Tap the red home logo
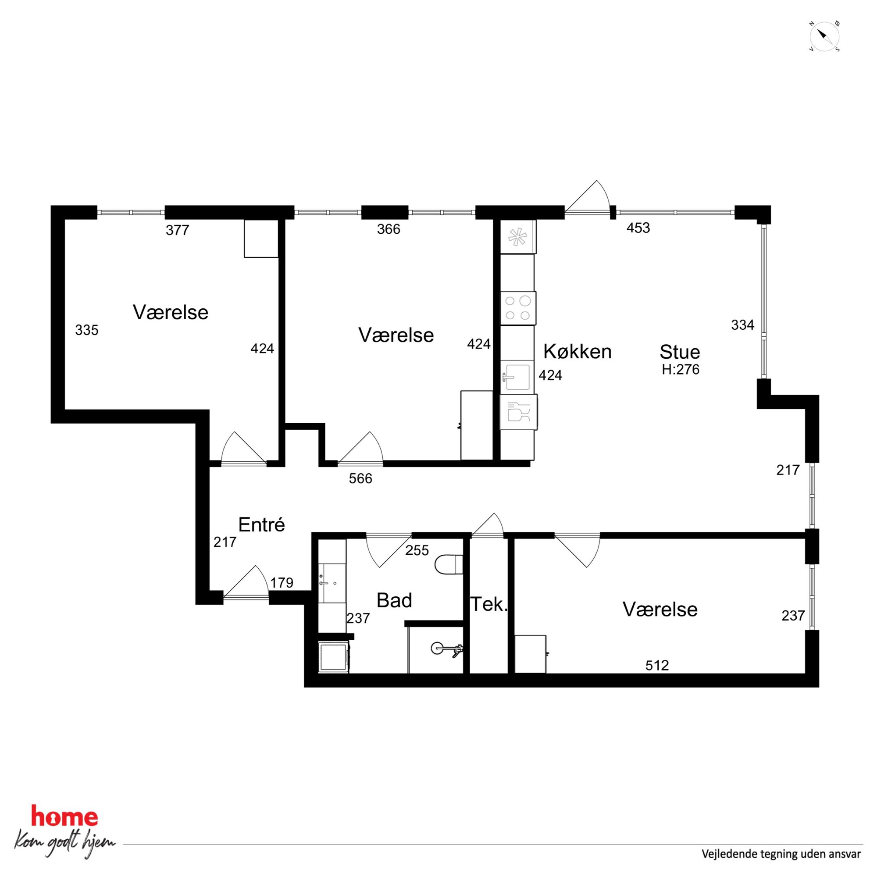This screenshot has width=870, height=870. (64, 817)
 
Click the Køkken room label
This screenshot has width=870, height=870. (578, 352)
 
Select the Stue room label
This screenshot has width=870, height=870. (680, 352)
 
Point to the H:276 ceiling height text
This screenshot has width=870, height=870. (680, 369)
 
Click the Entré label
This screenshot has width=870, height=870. (261, 524)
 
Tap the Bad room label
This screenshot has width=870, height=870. (394, 600)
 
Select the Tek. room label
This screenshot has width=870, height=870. (488, 604)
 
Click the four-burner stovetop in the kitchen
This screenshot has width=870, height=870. (518, 308)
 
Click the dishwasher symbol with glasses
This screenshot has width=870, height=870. (518, 412)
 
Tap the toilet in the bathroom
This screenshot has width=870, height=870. (449, 565)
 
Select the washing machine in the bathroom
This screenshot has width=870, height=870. (334, 656)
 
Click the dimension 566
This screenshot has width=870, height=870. (360, 478)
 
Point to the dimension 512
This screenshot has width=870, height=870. (657, 665)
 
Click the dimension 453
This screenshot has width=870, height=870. (638, 228)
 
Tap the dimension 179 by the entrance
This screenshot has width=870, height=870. (282, 583)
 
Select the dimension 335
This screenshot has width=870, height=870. (86, 330)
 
